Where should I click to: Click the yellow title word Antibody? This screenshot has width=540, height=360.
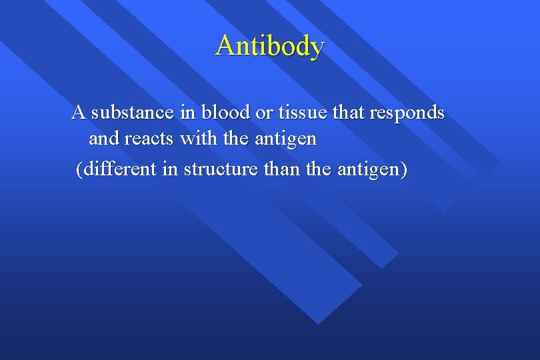tap(270, 46)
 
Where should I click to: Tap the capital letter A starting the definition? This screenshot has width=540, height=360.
tap(78, 112)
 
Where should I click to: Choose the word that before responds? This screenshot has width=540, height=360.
tap(348, 112)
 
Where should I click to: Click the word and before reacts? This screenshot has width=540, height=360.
tap(103, 139)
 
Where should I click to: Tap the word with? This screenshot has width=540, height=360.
tap(195, 139)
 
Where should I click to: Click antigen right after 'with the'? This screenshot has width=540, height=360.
tap(283, 141)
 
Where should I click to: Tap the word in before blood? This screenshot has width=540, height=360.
tap(187, 112)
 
